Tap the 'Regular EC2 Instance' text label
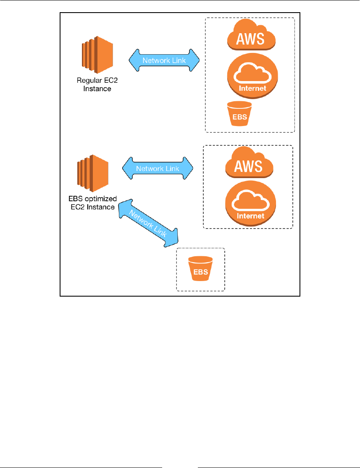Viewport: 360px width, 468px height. pyautogui.click(x=94, y=84)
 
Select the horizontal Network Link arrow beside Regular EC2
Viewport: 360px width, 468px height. pyautogui.click(x=163, y=60)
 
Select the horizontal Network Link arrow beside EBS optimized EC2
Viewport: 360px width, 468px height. pyautogui.click(x=158, y=168)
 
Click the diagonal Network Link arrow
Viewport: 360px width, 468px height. pyautogui.click(x=150, y=223)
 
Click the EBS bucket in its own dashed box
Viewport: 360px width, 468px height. pyautogui.click(x=200, y=269)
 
